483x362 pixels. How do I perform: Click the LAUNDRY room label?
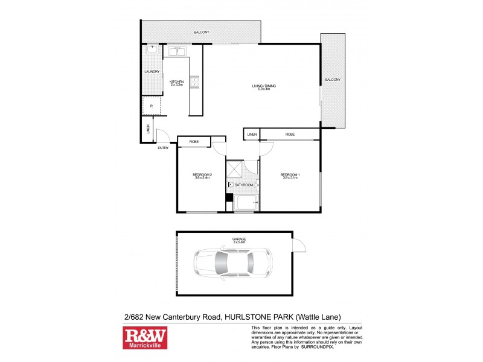pyautogui.click(x=152, y=72)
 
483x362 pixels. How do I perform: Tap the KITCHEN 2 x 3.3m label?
pyautogui.click(x=176, y=83)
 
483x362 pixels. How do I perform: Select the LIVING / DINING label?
pyautogui.click(x=264, y=87)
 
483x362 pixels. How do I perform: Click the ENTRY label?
pyautogui.click(x=163, y=148)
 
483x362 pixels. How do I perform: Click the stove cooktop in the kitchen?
pyautogui.click(x=194, y=81)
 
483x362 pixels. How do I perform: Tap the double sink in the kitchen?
pyautogui.click(x=176, y=53)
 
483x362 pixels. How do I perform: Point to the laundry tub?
pyautogui.click(x=152, y=52)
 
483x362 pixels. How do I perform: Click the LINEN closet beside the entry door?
pyautogui.click(x=148, y=129)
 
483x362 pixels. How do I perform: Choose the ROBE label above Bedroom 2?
pyautogui.click(x=194, y=142)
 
